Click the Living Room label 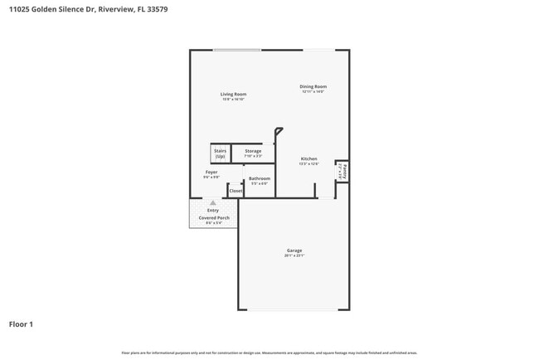[233, 94]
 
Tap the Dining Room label [313, 86]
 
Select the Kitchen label [308, 158]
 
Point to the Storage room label [253, 151]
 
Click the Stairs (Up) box [221, 153]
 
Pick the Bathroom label [260, 178]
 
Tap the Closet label [236, 191]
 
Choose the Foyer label [211, 173]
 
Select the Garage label [294, 251]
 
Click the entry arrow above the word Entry [213, 202]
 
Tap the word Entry [213, 211]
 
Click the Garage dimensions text [294, 255]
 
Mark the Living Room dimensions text [233, 99]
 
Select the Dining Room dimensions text [313, 91]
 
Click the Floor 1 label [21, 324]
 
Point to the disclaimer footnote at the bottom [269, 353]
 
